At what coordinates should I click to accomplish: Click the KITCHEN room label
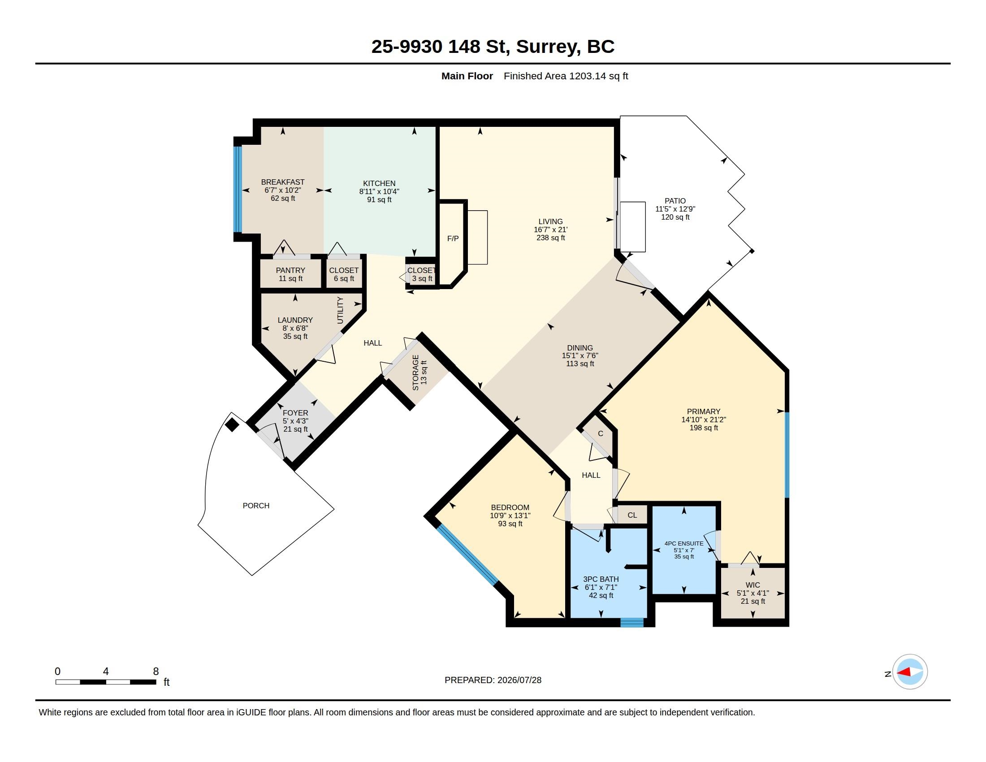click(x=379, y=183)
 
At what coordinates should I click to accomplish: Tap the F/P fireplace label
click(x=453, y=238)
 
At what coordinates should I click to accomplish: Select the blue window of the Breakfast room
click(x=238, y=189)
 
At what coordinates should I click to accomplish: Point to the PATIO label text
click(x=675, y=201)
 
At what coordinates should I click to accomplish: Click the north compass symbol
click(x=910, y=672)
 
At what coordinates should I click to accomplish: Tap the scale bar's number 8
click(x=156, y=671)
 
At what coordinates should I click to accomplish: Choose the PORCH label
click(x=256, y=506)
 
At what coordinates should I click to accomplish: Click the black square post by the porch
click(x=232, y=425)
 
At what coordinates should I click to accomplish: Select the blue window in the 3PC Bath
click(x=631, y=623)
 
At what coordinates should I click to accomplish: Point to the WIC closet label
click(x=752, y=585)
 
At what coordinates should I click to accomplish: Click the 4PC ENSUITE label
click(x=684, y=544)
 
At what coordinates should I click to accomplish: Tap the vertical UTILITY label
click(x=341, y=310)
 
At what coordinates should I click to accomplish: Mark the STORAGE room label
click(x=415, y=372)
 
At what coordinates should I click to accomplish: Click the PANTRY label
click(x=290, y=270)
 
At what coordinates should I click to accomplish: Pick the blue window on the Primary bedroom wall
click(x=787, y=455)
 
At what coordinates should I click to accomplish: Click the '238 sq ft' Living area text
click(x=550, y=238)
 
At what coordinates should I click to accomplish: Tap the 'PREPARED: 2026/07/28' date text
click(x=493, y=680)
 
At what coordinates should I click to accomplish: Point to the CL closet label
click(x=632, y=515)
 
